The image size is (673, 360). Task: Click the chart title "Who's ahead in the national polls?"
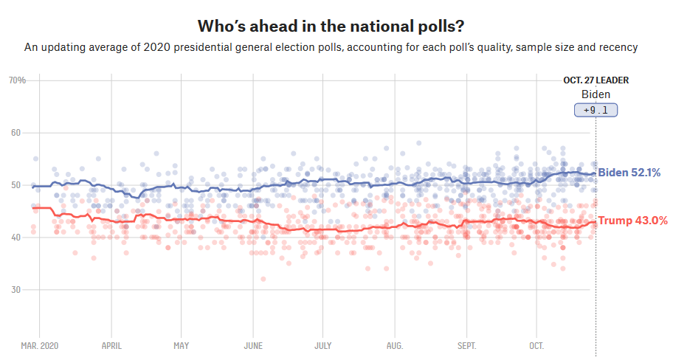pyautogui.click(x=331, y=27)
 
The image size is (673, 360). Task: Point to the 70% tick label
pyautogui.click(x=17, y=80)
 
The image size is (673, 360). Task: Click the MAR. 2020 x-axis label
pyautogui.click(x=40, y=345)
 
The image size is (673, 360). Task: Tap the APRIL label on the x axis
pyautogui.click(x=111, y=345)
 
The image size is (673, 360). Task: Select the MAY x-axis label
pyautogui.click(x=182, y=345)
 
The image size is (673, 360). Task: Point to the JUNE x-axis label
pyautogui.click(x=253, y=345)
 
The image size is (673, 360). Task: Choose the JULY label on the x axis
pyautogui.click(x=322, y=345)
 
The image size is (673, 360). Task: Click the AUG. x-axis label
pyautogui.click(x=395, y=345)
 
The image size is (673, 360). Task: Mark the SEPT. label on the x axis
pyautogui.click(x=466, y=345)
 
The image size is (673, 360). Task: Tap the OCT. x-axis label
pyautogui.click(x=536, y=345)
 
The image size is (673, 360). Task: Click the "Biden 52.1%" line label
pyautogui.click(x=629, y=173)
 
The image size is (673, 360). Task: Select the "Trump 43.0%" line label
pyautogui.click(x=632, y=221)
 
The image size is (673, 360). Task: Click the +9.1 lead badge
pyautogui.click(x=596, y=110)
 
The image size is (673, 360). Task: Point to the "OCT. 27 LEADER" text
pyautogui.click(x=596, y=80)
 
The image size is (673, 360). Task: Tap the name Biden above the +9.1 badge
pyautogui.click(x=596, y=94)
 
